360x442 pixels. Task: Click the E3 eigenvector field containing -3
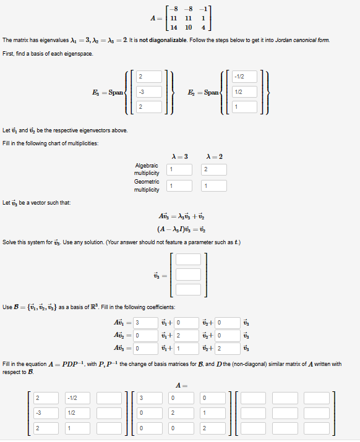click(148, 92)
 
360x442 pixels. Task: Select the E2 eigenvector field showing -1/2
click(245, 77)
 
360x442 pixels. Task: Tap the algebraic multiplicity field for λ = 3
click(179, 169)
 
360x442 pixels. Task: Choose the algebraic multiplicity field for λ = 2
click(214, 169)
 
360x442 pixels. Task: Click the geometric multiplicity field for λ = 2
click(214, 185)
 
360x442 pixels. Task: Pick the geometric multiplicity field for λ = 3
click(179, 185)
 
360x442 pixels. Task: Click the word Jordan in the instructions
click(282, 40)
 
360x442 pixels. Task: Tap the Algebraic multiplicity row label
click(147, 169)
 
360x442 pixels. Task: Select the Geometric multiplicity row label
click(147, 185)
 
